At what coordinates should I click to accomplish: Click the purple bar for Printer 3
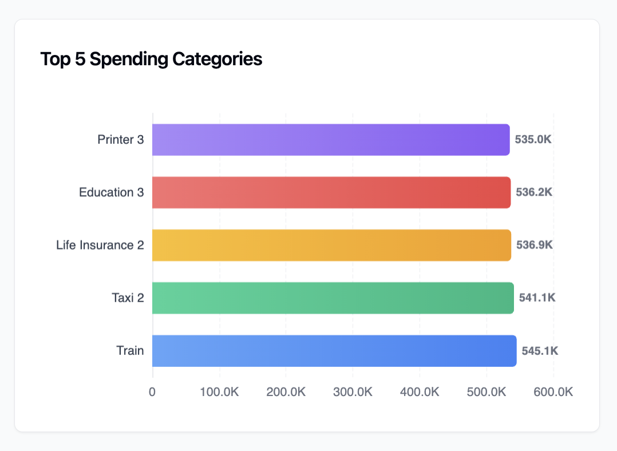tap(331, 140)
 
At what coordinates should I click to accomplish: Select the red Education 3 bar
tap(331, 192)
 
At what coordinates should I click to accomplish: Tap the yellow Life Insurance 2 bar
tap(331, 245)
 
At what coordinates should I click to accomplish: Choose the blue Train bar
tap(334, 350)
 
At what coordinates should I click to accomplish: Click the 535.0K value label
tap(533, 140)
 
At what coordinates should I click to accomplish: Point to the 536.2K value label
tap(534, 192)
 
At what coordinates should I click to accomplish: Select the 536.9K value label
tap(534, 245)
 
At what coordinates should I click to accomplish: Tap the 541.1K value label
tap(537, 298)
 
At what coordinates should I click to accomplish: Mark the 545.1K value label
tap(540, 350)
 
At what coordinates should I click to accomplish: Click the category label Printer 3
tap(120, 140)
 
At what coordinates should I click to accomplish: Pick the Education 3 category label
tap(111, 192)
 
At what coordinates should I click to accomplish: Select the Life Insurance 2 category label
tap(100, 245)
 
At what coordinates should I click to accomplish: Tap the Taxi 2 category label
tap(128, 298)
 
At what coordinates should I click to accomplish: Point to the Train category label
tap(130, 350)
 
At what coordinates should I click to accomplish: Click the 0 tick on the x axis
tap(152, 392)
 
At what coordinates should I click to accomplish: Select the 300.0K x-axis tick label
tap(353, 392)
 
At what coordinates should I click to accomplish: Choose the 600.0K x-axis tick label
tap(553, 392)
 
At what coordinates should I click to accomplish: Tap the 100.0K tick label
tap(219, 392)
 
